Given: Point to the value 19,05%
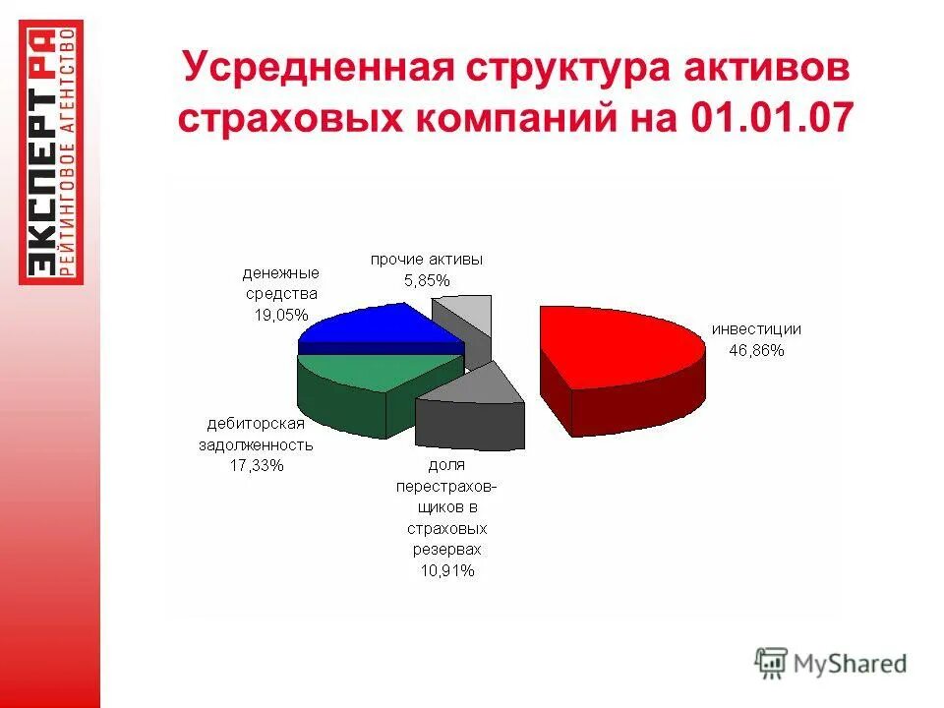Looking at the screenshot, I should (281, 315).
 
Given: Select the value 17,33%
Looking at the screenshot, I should (257, 465).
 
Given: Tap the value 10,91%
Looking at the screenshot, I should (446, 569).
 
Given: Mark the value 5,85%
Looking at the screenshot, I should (427, 279).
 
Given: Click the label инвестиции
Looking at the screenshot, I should (757, 329).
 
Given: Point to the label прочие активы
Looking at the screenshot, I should (427, 260).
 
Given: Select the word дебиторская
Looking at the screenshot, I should (257, 424).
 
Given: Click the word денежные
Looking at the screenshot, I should (281, 272).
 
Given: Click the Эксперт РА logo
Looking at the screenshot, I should (52, 152).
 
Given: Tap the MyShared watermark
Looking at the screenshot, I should (831, 662).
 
